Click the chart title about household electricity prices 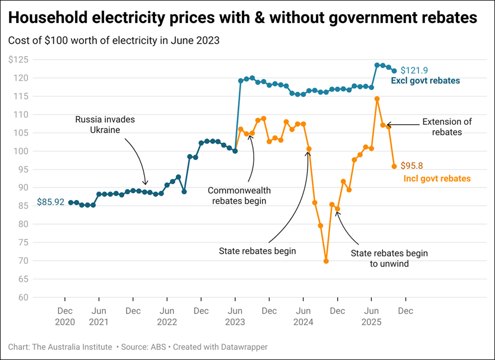[242, 18]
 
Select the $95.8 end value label [412, 166]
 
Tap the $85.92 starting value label [50, 202]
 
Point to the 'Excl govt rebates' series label [425, 81]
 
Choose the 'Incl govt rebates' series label [437, 179]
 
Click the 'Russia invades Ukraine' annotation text [105, 125]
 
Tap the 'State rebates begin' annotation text [257, 251]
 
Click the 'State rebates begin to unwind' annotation [389, 258]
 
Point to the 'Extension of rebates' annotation [447, 127]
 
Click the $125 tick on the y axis [19, 59]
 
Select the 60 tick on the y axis [23, 297]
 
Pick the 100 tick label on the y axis [21, 151]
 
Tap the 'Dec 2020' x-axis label [64, 316]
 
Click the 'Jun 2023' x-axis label [235, 316]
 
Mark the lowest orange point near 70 [326, 261]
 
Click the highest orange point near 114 [377, 99]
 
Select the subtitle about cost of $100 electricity [114, 40]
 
